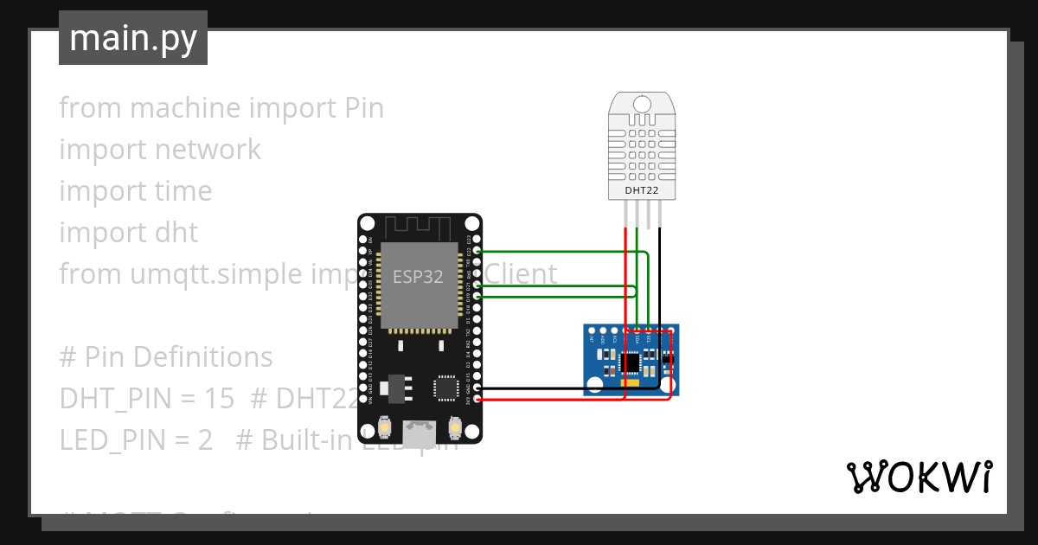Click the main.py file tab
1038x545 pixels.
coord(132,38)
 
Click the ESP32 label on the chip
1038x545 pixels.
coord(420,278)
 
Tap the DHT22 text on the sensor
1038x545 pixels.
coord(642,189)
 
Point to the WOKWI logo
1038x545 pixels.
coord(918,477)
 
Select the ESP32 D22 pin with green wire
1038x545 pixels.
coord(467,252)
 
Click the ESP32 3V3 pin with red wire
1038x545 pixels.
coord(467,399)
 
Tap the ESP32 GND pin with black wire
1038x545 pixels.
coord(467,389)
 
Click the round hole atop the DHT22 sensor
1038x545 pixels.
coord(642,104)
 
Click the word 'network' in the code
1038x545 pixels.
coord(207,150)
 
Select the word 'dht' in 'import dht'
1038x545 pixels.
coord(182,233)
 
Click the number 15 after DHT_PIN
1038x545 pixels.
coord(221,398)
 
